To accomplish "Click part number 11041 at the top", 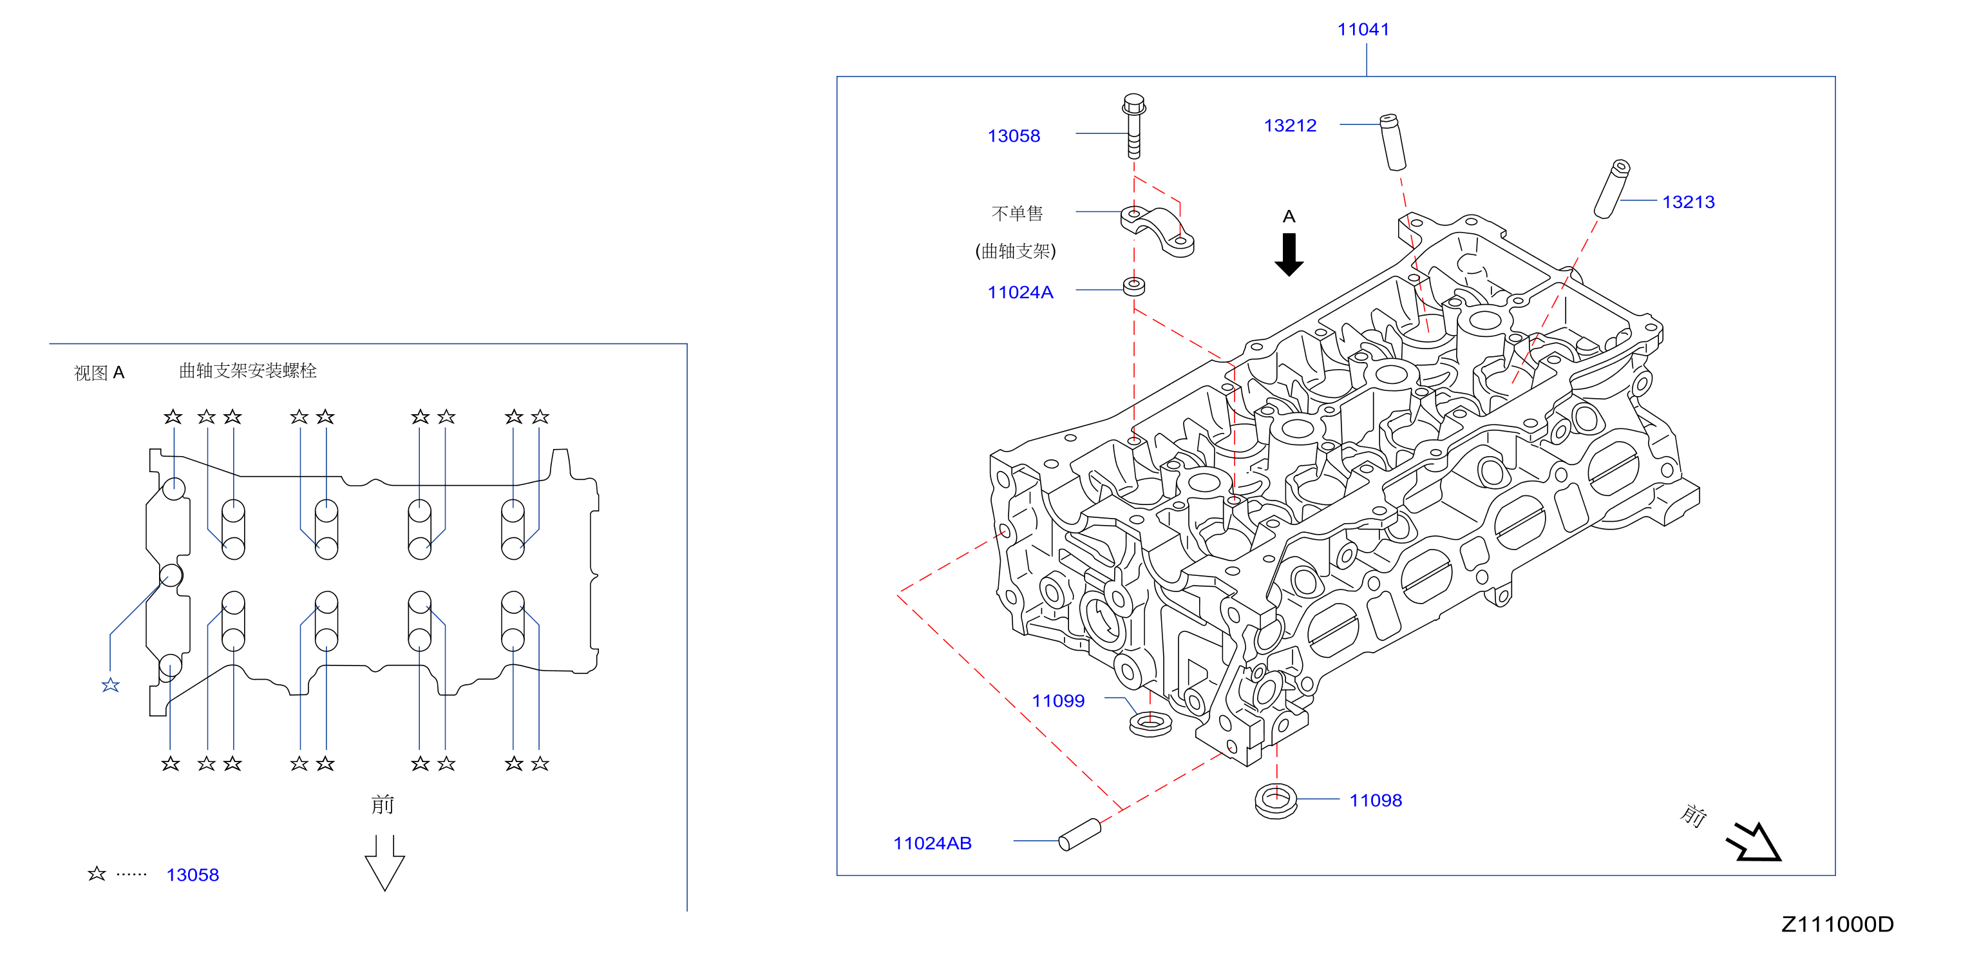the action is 1363,30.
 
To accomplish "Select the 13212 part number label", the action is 1290,126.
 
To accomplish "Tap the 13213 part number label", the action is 1688,202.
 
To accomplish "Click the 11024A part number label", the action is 1020,292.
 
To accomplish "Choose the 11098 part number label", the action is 1375,800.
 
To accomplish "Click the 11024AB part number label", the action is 933,843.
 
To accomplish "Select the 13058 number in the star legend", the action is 193,875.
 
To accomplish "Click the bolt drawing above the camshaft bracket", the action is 1133,126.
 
